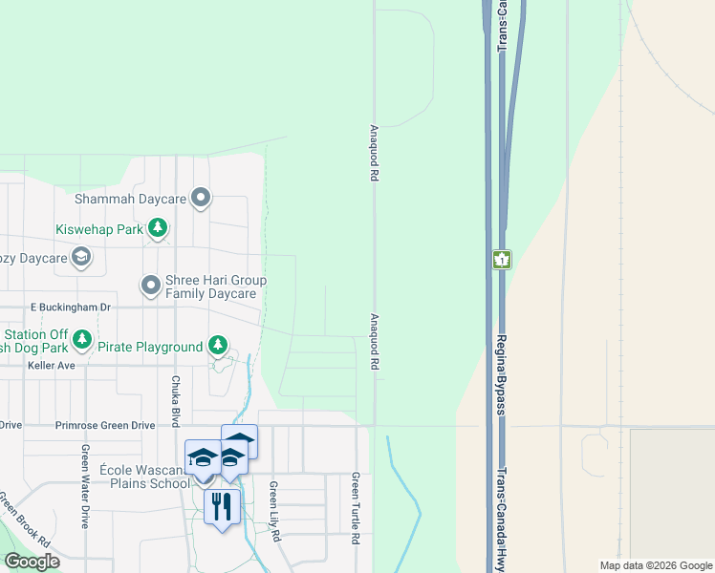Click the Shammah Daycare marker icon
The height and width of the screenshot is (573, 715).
coord(201,199)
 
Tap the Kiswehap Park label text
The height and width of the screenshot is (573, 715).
coord(98,229)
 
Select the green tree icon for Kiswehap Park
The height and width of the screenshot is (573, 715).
coord(158,229)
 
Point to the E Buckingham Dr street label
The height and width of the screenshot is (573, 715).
coord(71,308)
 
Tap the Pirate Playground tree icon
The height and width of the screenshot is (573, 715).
coord(218,345)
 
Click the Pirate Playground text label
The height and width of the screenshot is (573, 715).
coord(150,347)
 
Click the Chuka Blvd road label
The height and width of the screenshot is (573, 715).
coord(176,401)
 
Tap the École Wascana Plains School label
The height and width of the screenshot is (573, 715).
coord(144,477)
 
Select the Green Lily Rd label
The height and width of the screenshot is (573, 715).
coord(274,512)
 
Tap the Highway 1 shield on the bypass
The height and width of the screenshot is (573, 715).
coord(502,259)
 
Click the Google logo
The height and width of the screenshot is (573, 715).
coord(32,562)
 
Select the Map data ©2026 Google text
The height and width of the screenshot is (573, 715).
coord(654,565)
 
